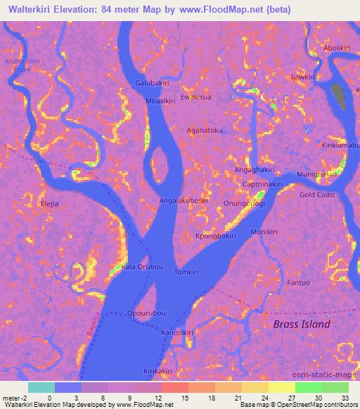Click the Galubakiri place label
tap(153, 83)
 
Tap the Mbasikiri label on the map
tap(160, 101)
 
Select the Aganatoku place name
tap(205, 130)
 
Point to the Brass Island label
tap(301, 325)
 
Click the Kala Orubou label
tap(142, 267)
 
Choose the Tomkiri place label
tap(186, 272)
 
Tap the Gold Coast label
tap(317, 195)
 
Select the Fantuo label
tap(298, 283)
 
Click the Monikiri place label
tap(264, 232)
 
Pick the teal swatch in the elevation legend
tap(41, 387)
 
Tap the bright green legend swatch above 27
tap(308, 387)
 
